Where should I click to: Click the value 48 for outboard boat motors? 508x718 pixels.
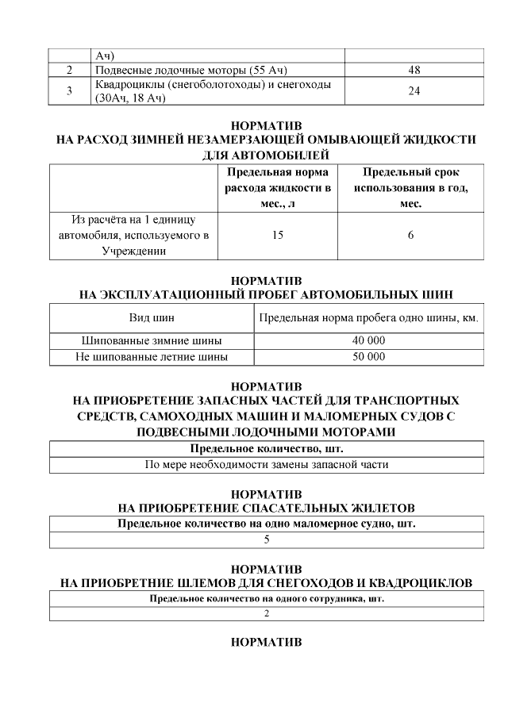point(414,71)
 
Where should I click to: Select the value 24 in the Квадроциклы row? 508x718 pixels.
point(414,91)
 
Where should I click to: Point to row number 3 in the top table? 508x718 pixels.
point(69,91)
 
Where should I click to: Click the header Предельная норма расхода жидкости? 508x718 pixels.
point(277,187)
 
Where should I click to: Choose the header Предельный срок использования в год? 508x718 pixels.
point(410,187)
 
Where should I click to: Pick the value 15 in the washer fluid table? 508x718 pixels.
point(277,236)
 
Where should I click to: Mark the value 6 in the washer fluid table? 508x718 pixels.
point(410,236)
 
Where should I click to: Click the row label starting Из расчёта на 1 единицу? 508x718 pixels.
point(133,236)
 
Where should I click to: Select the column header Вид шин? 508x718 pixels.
point(152,317)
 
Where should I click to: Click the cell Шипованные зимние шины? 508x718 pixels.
point(152,341)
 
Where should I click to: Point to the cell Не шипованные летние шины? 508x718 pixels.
point(152,357)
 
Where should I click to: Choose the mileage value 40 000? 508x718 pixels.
point(368,341)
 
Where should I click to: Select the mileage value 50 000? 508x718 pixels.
point(368,357)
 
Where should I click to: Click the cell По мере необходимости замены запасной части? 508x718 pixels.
point(266,464)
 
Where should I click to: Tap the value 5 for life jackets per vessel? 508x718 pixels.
point(267,539)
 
